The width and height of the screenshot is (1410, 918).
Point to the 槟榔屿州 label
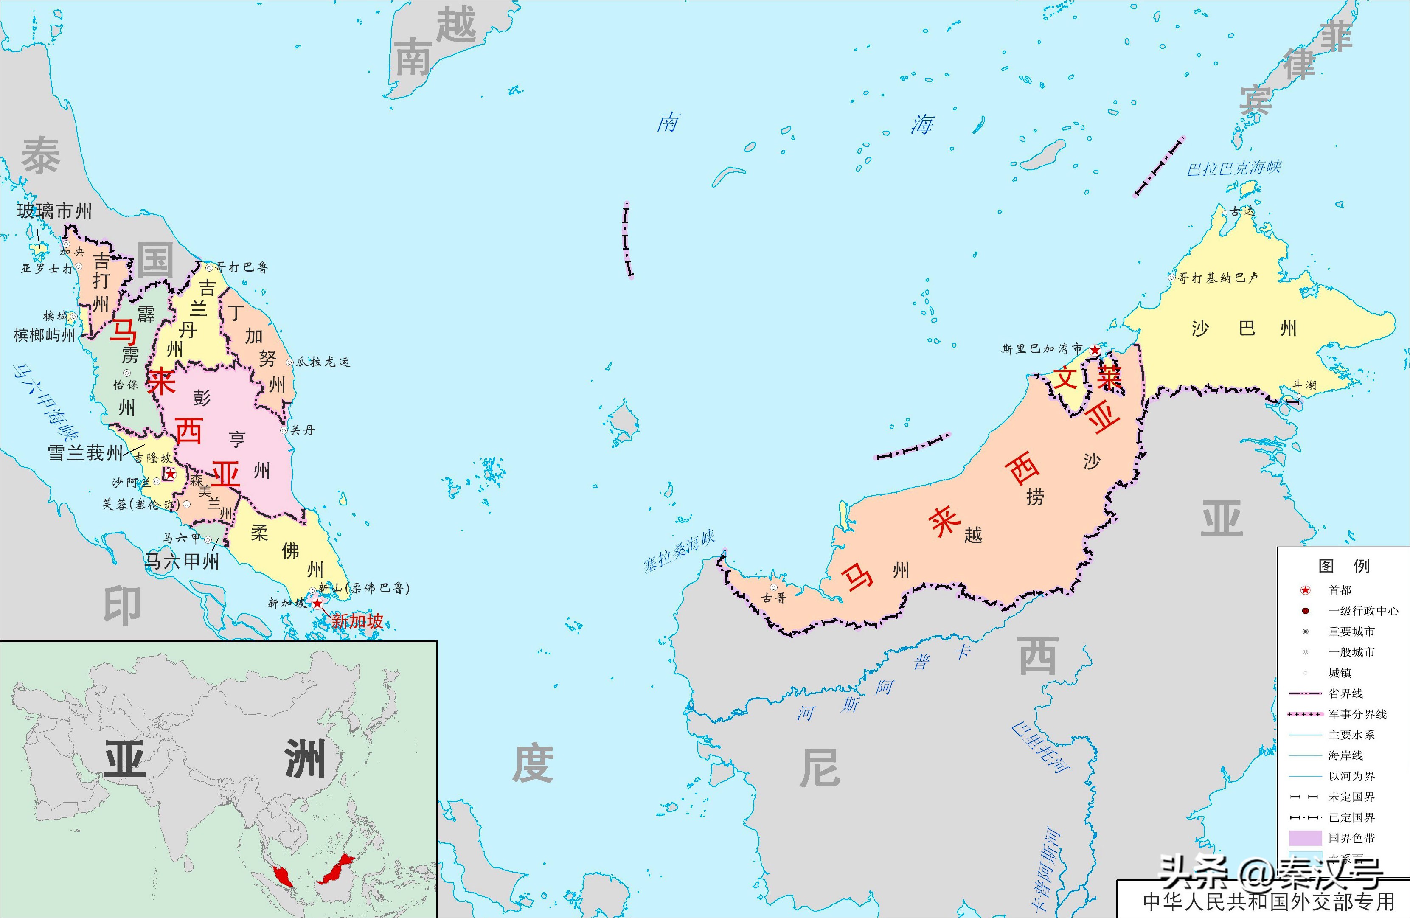[45, 335]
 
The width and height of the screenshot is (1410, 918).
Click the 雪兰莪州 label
[85, 453]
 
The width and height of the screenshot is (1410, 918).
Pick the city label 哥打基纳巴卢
[1217, 277]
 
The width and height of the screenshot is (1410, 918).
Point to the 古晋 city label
[774, 598]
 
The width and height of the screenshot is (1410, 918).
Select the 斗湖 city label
[1303, 385]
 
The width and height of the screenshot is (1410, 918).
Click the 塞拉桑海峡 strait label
[680, 551]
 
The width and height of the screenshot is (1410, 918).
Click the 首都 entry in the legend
[1340, 590]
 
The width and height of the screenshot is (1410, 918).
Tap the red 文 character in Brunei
[1064, 377]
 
